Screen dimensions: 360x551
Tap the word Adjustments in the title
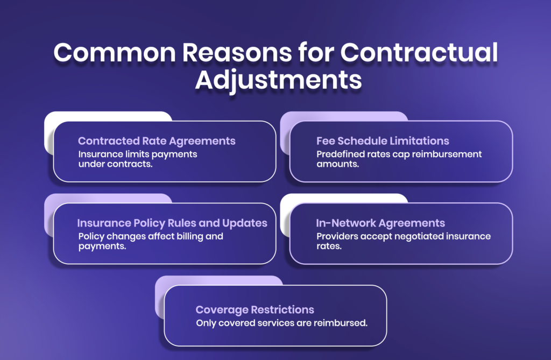coord(278,79)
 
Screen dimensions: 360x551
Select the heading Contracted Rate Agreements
coord(157,141)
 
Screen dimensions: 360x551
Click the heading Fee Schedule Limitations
coord(383,141)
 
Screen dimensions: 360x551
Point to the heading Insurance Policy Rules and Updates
coord(172,223)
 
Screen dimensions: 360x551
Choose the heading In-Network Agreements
coord(380,223)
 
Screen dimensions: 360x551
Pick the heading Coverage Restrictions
coord(255,310)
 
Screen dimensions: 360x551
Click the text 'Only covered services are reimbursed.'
coord(282,323)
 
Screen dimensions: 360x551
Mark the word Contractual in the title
coord(420,54)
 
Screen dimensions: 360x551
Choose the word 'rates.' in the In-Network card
coord(329,246)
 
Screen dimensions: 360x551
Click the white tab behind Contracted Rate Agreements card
coord(108,116)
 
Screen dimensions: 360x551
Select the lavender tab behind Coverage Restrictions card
coord(215,280)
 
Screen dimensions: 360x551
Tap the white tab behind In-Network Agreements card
coord(344,198)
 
